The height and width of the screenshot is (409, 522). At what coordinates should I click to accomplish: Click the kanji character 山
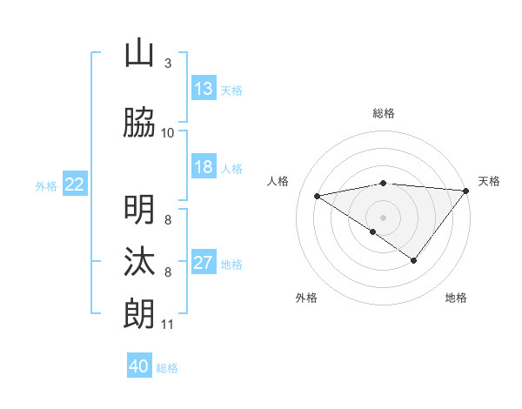(x=139, y=54)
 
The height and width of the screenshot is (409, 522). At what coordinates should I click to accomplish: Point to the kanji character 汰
(x=139, y=261)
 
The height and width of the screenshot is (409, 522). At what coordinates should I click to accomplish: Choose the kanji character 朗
(x=139, y=313)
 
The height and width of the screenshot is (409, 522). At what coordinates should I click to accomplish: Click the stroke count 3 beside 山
(x=167, y=64)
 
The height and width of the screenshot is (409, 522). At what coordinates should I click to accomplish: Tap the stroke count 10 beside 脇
(x=167, y=133)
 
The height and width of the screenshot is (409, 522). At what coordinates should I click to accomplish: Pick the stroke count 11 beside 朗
(x=167, y=325)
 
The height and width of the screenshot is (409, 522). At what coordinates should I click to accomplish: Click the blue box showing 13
(x=204, y=89)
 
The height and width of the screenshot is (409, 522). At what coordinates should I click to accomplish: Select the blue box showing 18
(x=204, y=167)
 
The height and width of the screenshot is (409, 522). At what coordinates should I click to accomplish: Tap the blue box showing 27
(x=204, y=264)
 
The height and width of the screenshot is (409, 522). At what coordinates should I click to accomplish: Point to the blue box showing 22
(x=75, y=184)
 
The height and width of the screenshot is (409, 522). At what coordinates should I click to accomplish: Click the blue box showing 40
(x=139, y=366)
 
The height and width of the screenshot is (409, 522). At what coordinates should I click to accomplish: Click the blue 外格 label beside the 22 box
(x=46, y=185)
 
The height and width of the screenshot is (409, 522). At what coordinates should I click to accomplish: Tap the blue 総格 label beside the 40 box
(x=167, y=368)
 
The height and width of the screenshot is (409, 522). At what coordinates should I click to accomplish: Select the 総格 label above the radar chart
(x=383, y=113)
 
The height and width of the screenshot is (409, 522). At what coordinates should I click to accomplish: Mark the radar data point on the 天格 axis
(x=465, y=191)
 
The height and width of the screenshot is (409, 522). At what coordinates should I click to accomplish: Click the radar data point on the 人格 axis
(x=317, y=195)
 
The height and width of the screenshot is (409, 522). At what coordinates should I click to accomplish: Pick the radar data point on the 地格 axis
(x=414, y=260)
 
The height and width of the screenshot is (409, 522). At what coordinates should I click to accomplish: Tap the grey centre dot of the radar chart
(x=383, y=216)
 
